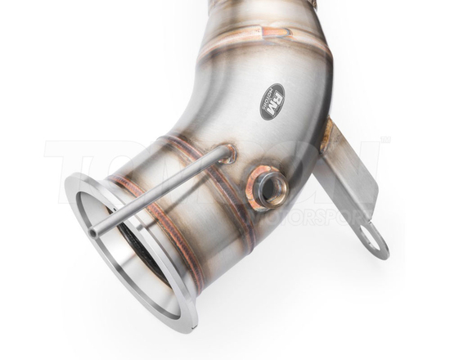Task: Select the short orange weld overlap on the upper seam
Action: (278, 33)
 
